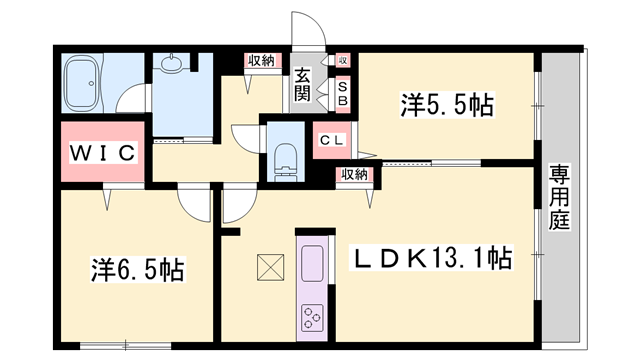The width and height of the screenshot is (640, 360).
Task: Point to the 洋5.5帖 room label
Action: tap(447, 103)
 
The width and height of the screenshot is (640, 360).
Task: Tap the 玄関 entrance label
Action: tap(302, 86)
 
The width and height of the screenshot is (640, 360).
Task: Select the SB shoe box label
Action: tap(341, 93)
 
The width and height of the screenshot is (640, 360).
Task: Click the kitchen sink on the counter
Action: tap(312, 262)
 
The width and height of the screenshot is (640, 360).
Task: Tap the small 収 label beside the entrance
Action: tap(342, 61)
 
